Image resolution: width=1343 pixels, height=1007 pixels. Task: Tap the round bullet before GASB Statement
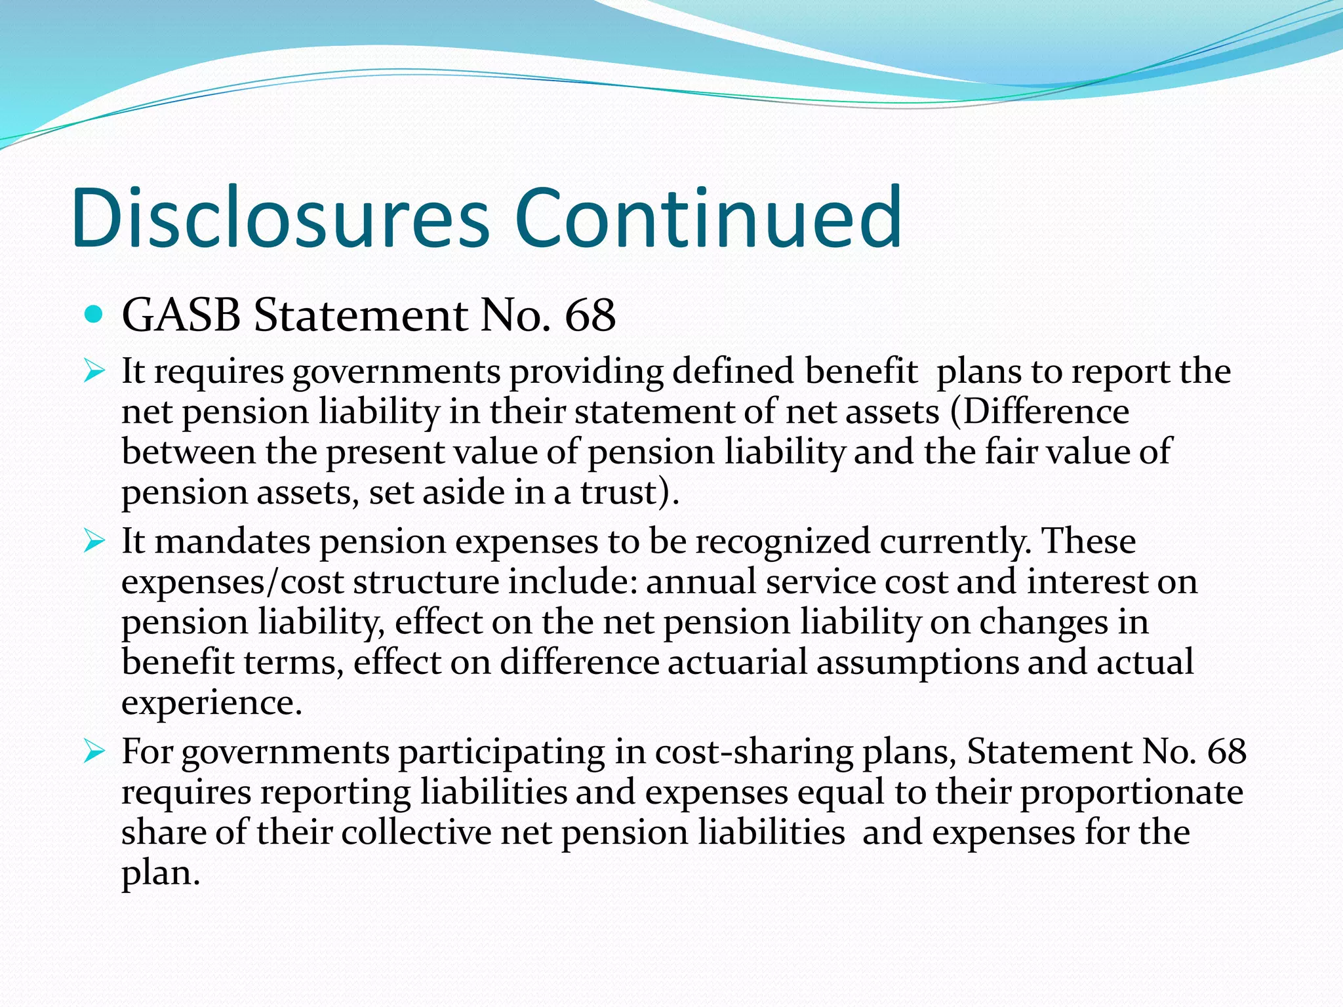pyautogui.click(x=94, y=315)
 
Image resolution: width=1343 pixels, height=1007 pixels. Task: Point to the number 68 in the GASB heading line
pyautogui.click(x=590, y=315)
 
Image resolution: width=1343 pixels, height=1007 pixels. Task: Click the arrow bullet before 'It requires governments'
pyautogui.click(x=94, y=372)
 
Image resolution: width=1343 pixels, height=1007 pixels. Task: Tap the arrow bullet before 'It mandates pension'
pyautogui.click(x=94, y=542)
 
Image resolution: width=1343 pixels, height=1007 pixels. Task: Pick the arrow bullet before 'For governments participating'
pyautogui.click(x=94, y=752)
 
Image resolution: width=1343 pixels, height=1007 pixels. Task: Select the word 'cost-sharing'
pyautogui.click(x=753, y=752)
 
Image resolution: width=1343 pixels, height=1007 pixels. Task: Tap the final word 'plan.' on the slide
pyautogui.click(x=160, y=873)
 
